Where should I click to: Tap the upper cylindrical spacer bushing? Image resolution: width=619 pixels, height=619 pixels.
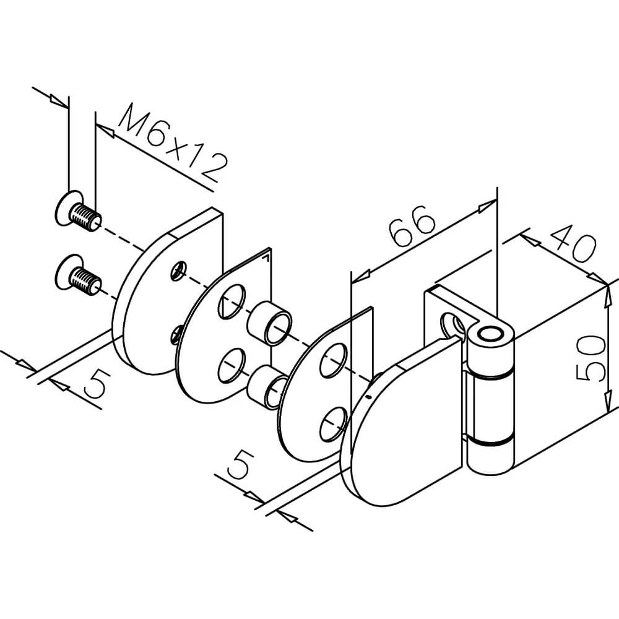269,322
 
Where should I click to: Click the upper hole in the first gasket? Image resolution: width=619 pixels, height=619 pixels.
230,302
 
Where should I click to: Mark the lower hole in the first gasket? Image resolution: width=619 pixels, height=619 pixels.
230,365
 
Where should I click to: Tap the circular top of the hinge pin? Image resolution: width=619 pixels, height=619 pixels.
492,335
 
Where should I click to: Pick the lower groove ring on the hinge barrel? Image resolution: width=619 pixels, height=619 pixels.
490,441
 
